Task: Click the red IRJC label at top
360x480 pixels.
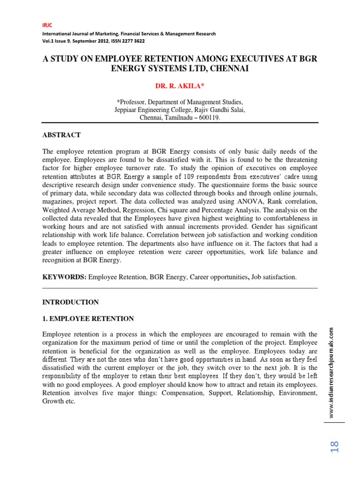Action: (x=47, y=25)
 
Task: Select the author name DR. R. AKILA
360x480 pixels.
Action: (x=180, y=86)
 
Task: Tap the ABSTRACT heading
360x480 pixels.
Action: (x=61, y=135)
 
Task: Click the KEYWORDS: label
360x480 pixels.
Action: (x=64, y=277)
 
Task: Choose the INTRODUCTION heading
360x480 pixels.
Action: (x=70, y=302)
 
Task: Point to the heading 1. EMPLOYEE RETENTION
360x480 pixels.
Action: (x=88, y=319)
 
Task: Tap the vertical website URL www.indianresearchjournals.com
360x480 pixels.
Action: (x=331, y=373)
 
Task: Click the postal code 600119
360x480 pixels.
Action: (x=207, y=118)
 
